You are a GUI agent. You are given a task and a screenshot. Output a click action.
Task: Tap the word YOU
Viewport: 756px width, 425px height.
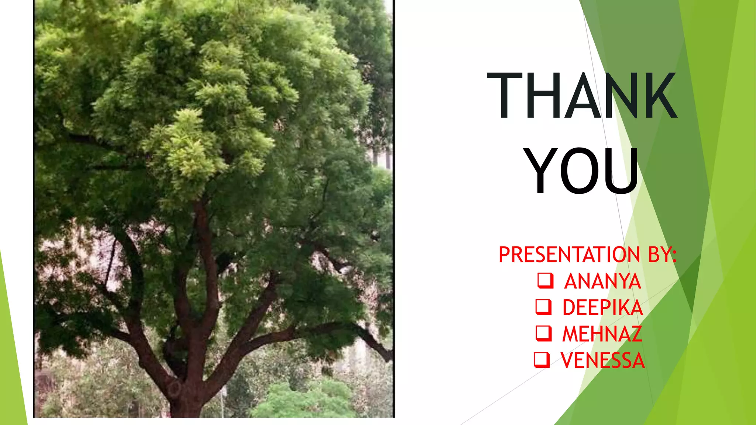coord(582,170)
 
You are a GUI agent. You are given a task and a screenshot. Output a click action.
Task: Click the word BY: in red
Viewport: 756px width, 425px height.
coord(662,255)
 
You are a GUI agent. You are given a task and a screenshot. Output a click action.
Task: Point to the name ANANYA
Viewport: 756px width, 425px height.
coord(602,281)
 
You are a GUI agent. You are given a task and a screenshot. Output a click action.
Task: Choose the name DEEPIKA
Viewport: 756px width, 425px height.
coord(602,308)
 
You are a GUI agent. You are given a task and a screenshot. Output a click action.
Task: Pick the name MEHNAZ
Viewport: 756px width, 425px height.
coord(602,334)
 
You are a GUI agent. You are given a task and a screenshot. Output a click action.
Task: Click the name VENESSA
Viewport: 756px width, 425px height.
coord(602,360)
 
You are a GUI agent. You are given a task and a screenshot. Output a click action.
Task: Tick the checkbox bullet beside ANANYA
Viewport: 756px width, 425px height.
coord(545,280)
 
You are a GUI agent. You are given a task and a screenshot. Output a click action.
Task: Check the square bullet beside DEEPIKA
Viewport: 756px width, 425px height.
coord(543,307)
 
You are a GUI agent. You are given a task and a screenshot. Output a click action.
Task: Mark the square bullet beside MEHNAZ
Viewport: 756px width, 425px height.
coord(543,333)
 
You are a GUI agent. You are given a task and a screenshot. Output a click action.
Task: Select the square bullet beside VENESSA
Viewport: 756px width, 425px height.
coord(542,360)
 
